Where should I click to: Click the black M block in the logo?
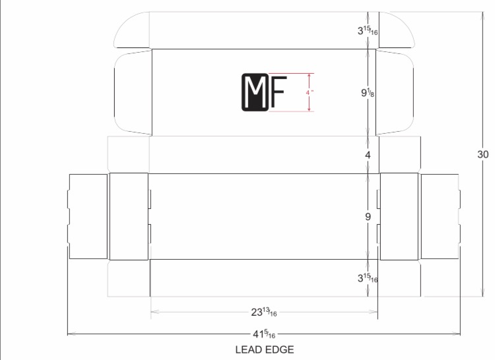click(255, 92)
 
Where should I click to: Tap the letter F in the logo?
click(279, 92)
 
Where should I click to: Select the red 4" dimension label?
click(310, 93)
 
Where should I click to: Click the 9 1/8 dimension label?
click(368, 93)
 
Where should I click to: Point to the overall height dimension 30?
click(483, 154)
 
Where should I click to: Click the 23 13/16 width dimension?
click(264, 312)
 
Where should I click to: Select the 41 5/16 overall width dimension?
click(264, 334)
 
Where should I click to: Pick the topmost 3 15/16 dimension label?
click(368, 30)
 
